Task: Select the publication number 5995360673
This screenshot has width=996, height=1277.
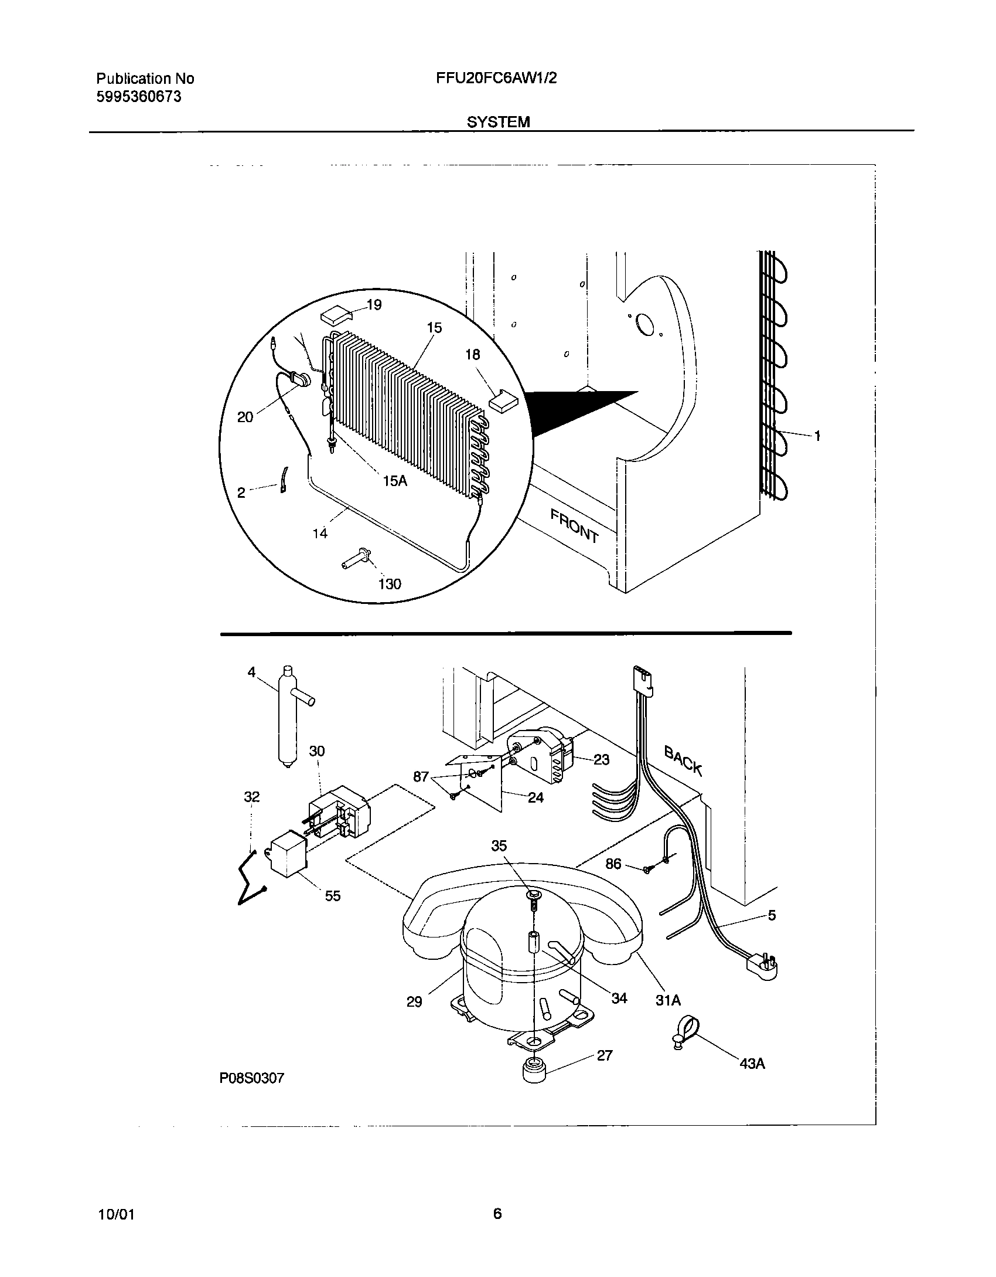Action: coord(138,97)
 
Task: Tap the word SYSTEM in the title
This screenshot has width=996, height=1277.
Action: coord(498,121)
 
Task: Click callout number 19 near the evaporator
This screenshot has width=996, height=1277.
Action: coord(374,305)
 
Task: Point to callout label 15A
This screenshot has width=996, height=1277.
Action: coord(395,481)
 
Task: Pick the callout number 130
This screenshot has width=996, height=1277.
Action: coord(390,584)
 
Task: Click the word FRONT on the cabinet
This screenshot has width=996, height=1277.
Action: coord(574,526)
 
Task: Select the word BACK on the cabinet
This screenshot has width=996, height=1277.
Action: coord(683,759)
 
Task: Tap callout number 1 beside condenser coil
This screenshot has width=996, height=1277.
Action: coord(817,436)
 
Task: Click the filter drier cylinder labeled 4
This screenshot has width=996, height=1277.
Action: coord(287,718)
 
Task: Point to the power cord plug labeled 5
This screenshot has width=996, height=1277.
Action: coord(762,964)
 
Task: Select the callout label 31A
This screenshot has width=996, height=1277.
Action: coord(668,1000)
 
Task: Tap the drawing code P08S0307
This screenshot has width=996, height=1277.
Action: coord(252,1078)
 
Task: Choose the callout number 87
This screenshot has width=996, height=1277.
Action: coord(421,777)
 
